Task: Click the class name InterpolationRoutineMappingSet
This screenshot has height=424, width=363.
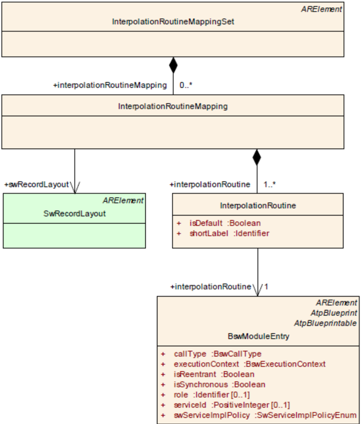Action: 173,21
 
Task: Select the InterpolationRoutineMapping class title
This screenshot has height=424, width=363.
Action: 173,106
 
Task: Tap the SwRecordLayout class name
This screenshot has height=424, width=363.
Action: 74,213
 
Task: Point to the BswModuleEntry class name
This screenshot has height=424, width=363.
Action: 259,336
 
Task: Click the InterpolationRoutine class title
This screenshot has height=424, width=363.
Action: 258,206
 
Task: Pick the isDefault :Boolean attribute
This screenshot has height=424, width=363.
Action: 225,223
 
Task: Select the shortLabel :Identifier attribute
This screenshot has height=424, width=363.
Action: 229,233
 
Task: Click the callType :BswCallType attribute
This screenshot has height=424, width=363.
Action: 218,353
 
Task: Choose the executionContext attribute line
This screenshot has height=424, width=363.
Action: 249,364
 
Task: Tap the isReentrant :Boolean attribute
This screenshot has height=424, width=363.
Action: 214,374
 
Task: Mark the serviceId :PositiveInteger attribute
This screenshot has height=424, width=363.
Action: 232,405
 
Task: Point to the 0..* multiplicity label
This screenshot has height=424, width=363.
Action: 186,85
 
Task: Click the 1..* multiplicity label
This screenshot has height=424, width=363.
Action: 270,184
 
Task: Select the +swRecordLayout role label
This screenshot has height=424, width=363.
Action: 37,184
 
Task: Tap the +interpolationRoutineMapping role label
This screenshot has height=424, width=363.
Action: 110,85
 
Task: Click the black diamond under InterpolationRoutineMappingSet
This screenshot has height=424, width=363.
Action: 173,65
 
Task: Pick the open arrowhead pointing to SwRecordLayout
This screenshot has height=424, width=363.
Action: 75,187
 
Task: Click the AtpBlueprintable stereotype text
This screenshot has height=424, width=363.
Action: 325,323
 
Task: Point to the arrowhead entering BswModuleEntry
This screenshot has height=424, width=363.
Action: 258,290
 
